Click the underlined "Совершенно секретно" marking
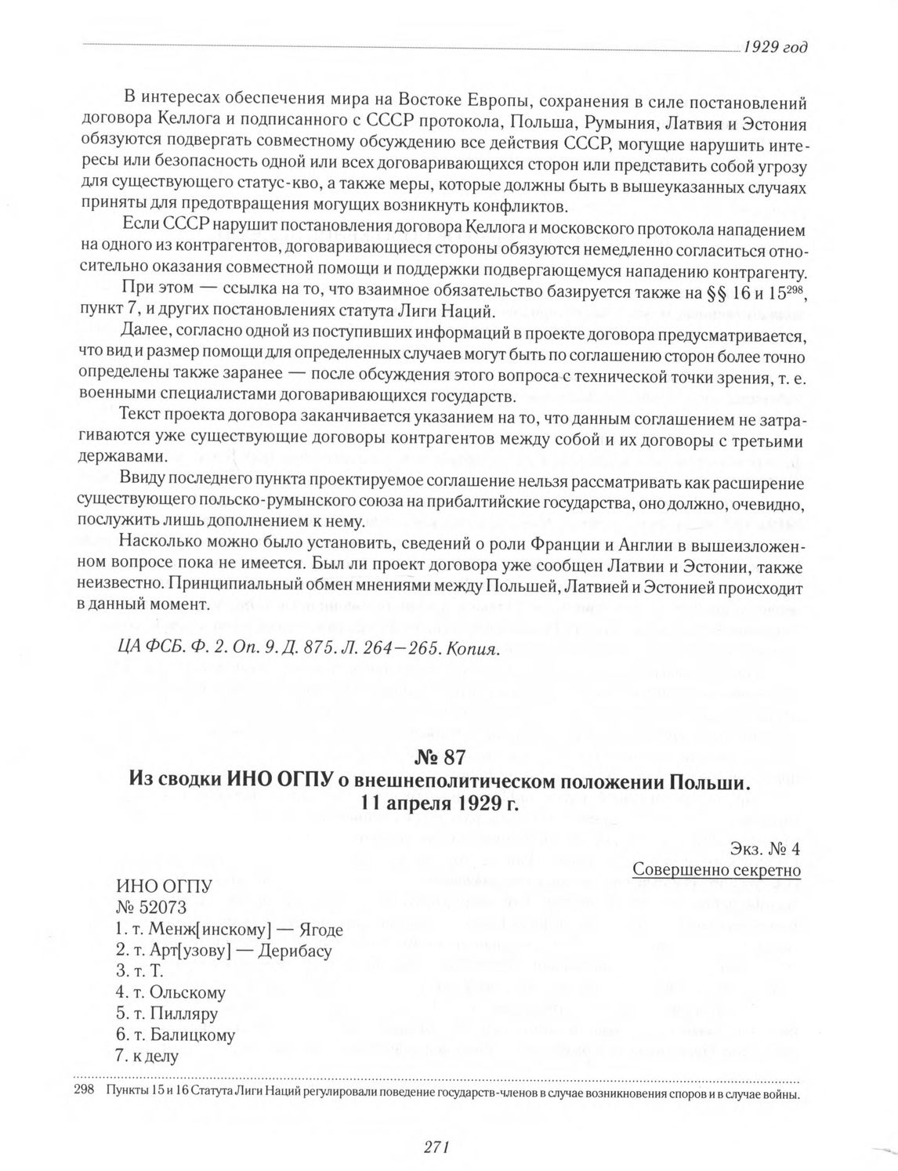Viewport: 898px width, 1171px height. tap(716, 870)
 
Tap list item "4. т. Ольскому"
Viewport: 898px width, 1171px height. tap(170, 993)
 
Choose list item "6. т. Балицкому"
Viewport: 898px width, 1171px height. tap(175, 1035)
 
